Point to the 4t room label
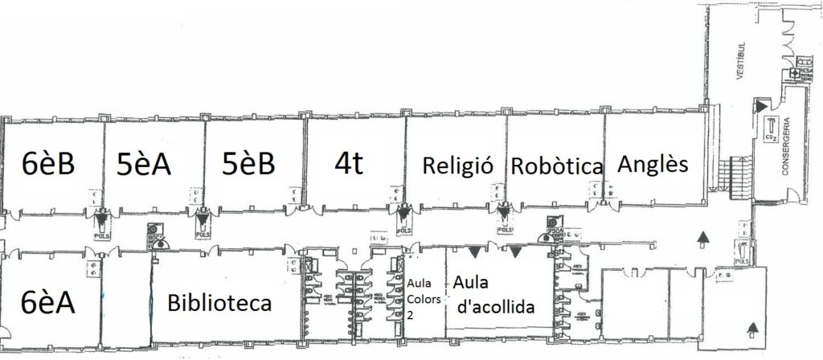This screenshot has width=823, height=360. (349, 163)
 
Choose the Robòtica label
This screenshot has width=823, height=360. (557, 166)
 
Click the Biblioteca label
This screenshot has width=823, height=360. (219, 304)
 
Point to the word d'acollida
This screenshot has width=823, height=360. (497, 306)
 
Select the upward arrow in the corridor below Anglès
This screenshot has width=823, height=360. (704, 236)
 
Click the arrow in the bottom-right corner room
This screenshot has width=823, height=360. (752, 327)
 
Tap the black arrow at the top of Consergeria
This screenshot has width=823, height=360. (760, 104)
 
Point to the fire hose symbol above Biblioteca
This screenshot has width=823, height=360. (156, 239)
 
